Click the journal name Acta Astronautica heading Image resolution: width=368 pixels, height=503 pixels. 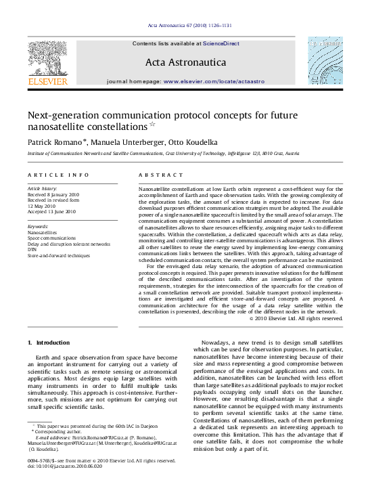pyautogui.click(x=184, y=62)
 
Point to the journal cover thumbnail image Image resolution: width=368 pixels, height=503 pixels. pyautogui.click(x=325, y=62)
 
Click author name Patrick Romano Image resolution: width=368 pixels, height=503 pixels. pyautogui.click(x=56, y=144)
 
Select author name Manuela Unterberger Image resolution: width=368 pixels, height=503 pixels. pyautogui.click(x=130, y=144)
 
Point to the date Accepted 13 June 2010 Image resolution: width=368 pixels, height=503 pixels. pyautogui.click(x=52, y=212)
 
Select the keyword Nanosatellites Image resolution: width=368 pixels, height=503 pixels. pyautogui.click(x=43, y=232)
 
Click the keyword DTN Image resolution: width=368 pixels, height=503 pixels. pyautogui.click(x=32, y=250)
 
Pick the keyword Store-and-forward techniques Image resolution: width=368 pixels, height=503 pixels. pyautogui.click(x=58, y=256)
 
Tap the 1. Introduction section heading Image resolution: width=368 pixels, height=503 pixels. pyautogui.click(x=47, y=343)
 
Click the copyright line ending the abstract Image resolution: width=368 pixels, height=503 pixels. pyautogui.click(x=296, y=318)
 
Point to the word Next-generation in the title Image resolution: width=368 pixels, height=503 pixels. pyautogui.click(x=62, y=116)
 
